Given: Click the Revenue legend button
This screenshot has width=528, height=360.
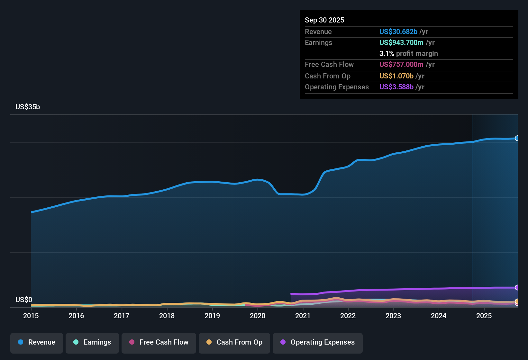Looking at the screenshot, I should pyautogui.click(x=37, y=342).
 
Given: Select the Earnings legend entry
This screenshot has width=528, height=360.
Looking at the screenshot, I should pyautogui.click(x=92, y=342).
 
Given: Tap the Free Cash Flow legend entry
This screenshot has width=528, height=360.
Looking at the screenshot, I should pyautogui.click(x=159, y=342).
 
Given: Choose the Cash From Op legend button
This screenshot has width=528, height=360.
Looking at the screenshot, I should pyautogui.click(x=234, y=342).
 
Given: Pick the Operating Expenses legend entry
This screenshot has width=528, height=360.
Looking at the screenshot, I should pyautogui.click(x=318, y=342).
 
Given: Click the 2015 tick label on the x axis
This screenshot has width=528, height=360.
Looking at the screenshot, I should pyautogui.click(x=31, y=316).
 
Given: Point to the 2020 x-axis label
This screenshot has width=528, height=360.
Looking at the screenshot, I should pyautogui.click(x=258, y=316).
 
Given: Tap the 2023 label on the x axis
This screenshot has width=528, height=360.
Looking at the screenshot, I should pyautogui.click(x=393, y=316).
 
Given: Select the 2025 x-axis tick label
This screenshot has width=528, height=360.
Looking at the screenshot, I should pyautogui.click(x=484, y=316).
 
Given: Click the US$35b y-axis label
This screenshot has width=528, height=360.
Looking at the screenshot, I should pyautogui.click(x=28, y=107).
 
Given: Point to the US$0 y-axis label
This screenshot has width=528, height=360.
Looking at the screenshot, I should pyautogui.click(x=24, y=300).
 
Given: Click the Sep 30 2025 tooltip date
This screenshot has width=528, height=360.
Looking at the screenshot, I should pyautogui.click(x=324, y=20).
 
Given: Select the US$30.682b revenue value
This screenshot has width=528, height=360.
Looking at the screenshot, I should pyautogui.click(x=398, y=32).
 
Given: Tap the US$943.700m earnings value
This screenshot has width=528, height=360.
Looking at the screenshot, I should pyautogui.click(x=401, y=43).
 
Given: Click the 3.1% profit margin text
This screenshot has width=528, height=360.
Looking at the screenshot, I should pyautogui.click(x=408, y=54).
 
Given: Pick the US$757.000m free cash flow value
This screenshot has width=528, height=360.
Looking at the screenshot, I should pyautogui.click(x=401, y=65).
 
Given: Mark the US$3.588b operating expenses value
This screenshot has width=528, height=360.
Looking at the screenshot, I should pyautogui.click(x=396, y=87).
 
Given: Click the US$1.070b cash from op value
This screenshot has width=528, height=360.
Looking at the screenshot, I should pyautogui.click(x=396, y=76).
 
